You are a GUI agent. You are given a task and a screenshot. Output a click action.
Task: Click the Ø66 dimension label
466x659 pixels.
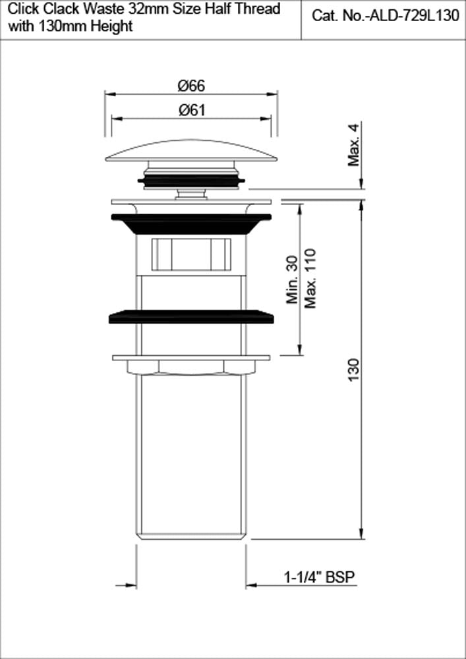pyautogui.click(x=191, y=85)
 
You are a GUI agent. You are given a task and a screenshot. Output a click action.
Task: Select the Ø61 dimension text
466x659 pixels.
pyautogui.click(x=191, y=110)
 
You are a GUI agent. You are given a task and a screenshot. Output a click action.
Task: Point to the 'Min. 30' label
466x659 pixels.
pyautogui.click(x=294, y=279)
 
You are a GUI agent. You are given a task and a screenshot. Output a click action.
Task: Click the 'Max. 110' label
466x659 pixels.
pyautogui.click(x=310, y=277)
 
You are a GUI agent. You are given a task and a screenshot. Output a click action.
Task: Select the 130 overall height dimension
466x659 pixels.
pyautogui.click(x=355, y=372)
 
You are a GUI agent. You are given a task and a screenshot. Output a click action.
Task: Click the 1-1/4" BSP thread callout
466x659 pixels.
pyautogui.click(x=320, y=577)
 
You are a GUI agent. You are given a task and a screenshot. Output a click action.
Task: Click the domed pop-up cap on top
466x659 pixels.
pyautogui.click(x=191, y=151)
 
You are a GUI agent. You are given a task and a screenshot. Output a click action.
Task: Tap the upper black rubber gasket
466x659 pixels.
pyautogui.click(x=191, y=223)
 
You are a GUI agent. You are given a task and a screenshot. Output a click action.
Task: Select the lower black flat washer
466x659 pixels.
pyautogui.click(x=191, y=317)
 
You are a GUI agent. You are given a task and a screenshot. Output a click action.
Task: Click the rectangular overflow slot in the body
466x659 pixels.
pyautogui.click(x=191, y=254)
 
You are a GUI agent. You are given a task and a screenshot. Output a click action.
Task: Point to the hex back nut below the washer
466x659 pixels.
pyautogui.click(x=191, y=367)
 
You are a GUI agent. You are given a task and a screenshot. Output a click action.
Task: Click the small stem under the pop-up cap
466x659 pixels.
pyautogui.click(x=191, y=192)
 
